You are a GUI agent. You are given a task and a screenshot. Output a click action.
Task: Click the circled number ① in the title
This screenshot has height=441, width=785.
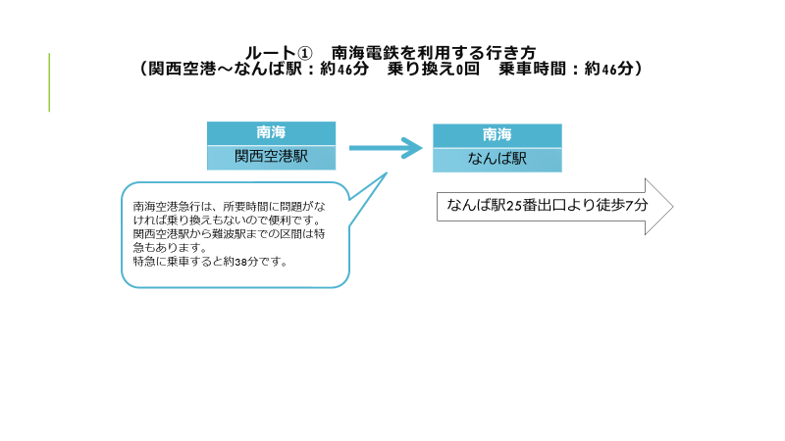coord(305,53)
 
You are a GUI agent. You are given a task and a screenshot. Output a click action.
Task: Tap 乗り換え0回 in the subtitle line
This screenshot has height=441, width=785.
coord(434,69)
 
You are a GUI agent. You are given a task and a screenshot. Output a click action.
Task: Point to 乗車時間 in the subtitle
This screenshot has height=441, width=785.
coord(532,69)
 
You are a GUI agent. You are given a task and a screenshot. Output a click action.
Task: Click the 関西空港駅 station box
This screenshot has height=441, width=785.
coord(272,158)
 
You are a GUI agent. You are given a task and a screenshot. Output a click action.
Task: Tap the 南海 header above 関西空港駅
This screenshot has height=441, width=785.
coord(272,133)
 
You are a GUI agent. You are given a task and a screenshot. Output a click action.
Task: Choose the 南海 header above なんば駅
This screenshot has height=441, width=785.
coord(497,135)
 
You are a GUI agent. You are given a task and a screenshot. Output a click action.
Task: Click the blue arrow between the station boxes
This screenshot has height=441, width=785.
coord(386,148)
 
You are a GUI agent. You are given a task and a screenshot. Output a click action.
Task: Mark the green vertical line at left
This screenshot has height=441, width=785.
coord(49,82)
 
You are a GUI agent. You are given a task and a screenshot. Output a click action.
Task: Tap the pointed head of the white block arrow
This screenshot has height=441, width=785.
coord(673,207)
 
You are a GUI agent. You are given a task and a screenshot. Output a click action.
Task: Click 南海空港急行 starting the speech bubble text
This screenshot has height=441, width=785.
coord(161,207)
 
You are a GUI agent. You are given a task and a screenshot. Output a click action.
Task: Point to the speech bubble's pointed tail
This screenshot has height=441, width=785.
coord(387,173)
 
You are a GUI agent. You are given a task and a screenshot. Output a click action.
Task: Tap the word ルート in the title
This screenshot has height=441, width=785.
coord(271,53)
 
